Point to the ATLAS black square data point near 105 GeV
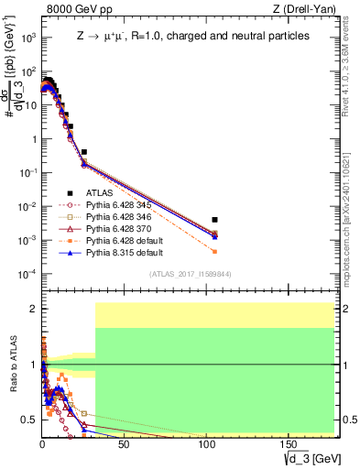[214, 220]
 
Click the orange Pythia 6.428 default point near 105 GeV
[214, 251]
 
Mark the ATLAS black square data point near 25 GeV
[83, 152]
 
